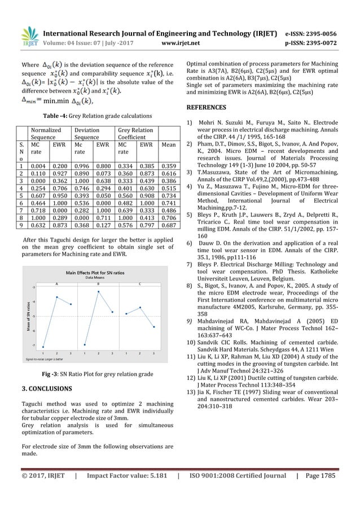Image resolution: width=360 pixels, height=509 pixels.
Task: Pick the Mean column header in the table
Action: click(x=167, y=151)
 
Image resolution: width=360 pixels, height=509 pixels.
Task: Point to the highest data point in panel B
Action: click(x=99, y=292)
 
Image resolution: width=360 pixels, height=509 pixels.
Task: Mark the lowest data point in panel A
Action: click(x=43, y=346)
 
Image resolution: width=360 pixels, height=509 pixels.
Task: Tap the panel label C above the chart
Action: click(x=140, y=284)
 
